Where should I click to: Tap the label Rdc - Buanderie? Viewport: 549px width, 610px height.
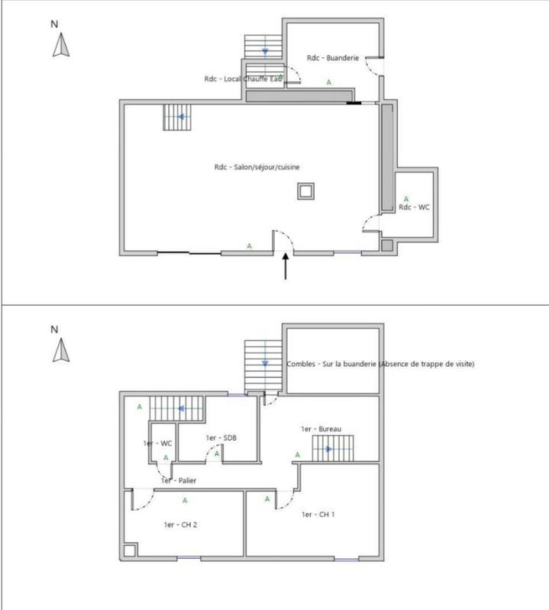332,58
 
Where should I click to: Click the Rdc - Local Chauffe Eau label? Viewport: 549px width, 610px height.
244,79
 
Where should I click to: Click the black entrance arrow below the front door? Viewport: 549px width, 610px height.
286,267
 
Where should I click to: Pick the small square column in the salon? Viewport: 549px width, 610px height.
306,191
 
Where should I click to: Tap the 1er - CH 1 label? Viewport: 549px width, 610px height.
319,515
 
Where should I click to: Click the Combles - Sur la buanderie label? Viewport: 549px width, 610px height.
379,364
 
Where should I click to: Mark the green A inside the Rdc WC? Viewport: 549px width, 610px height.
406,197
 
